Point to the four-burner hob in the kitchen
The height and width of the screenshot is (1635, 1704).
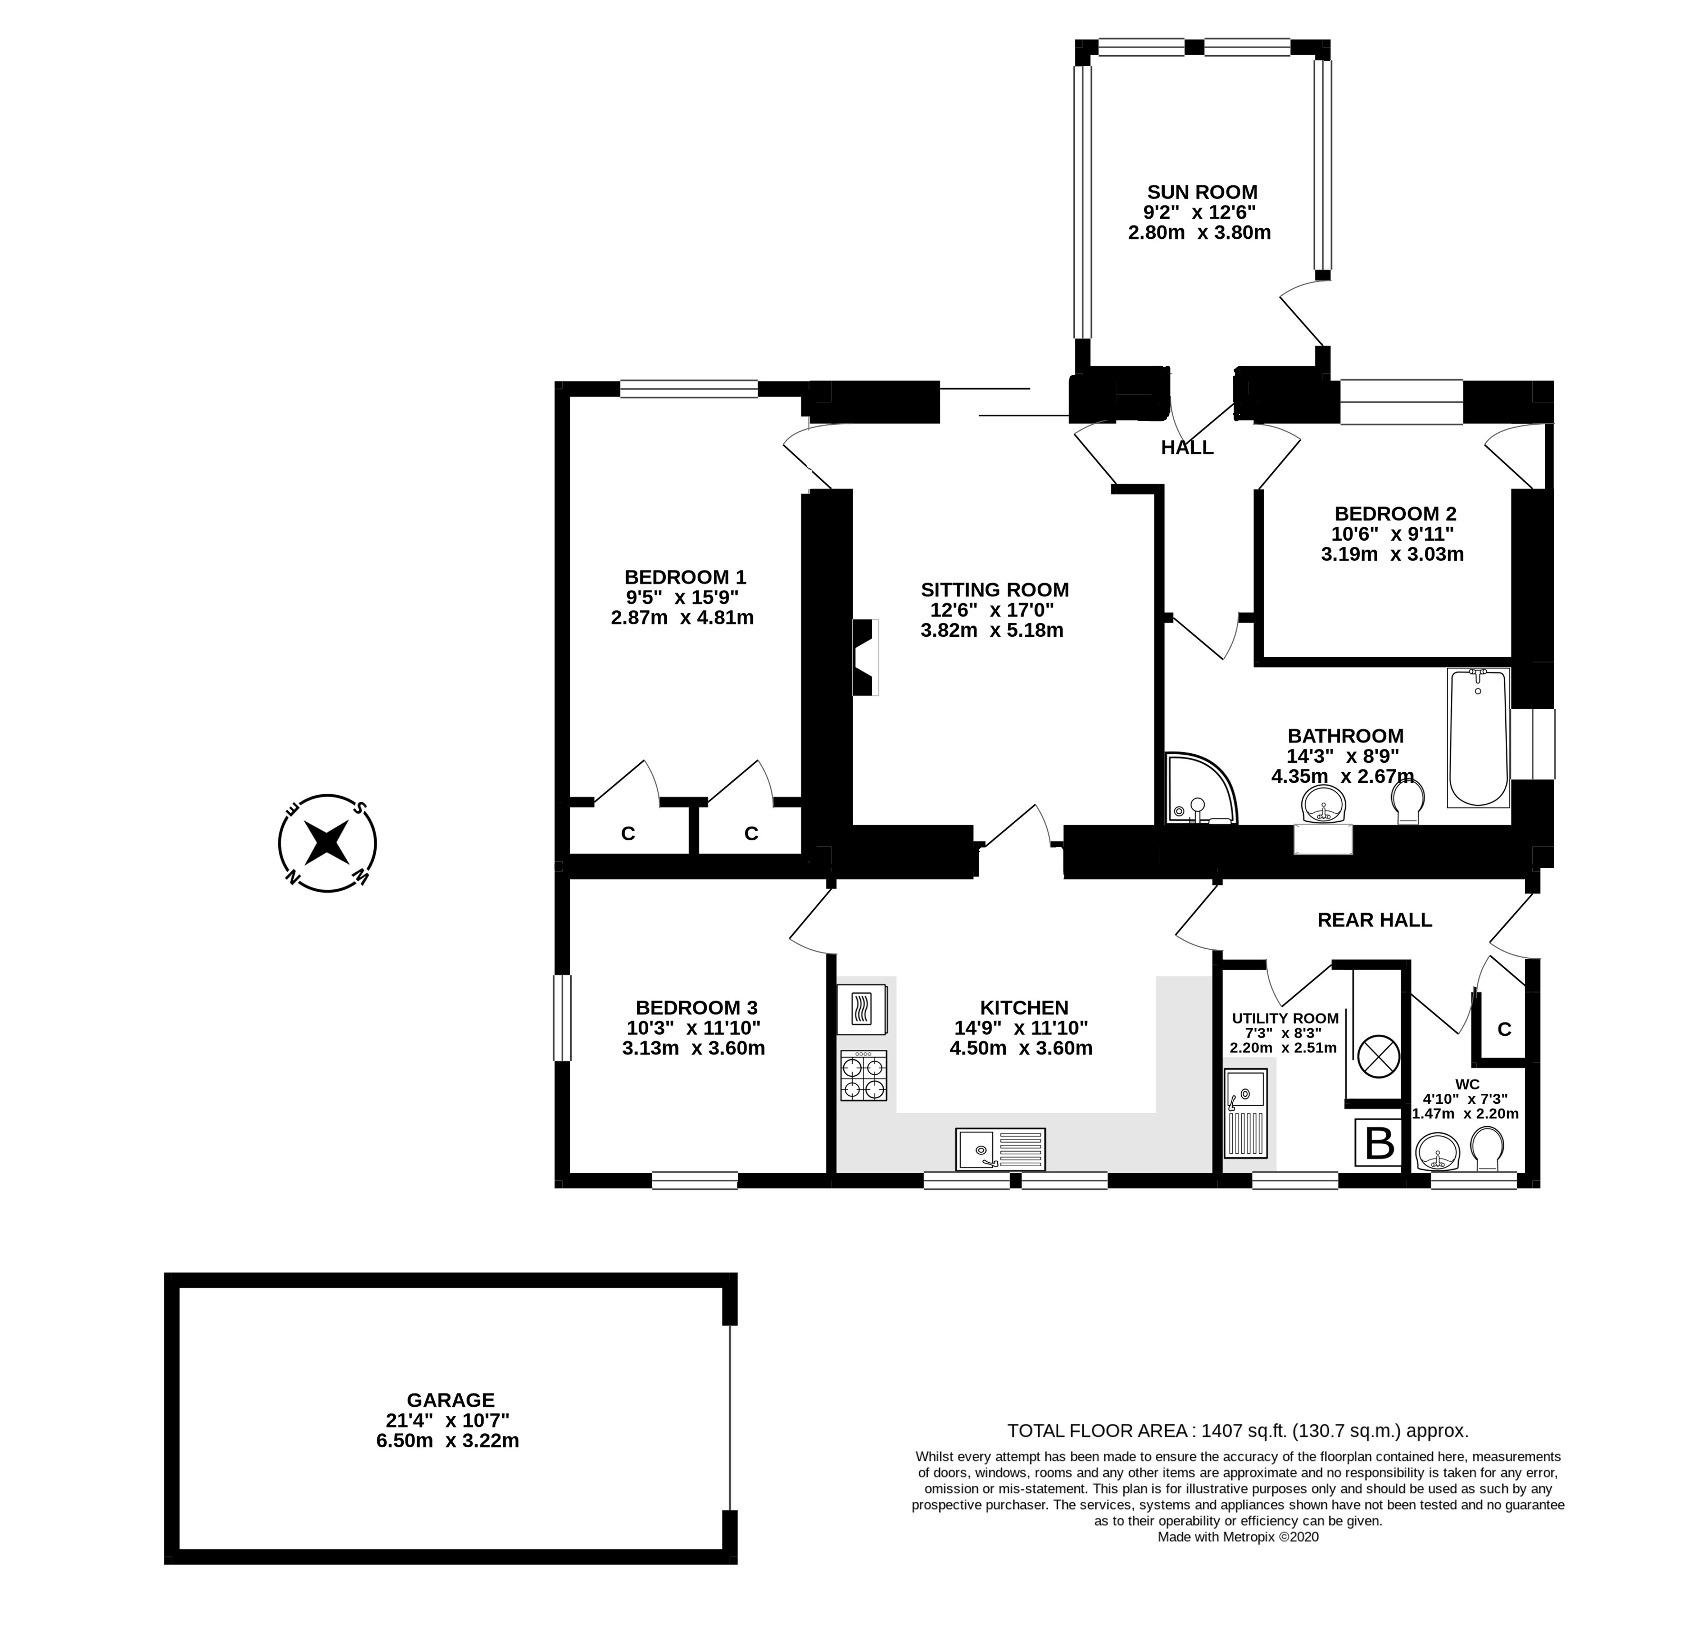coord(863,1076)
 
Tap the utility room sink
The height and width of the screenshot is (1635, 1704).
coord(1246,1113)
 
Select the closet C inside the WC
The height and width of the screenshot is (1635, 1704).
coord(1504,1029)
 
